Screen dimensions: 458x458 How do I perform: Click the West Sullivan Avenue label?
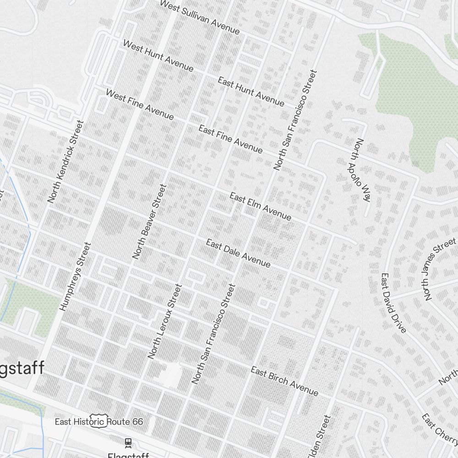[199, 17]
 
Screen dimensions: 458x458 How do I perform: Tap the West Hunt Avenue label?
[158, 55]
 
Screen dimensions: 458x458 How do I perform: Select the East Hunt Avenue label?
[251, 92]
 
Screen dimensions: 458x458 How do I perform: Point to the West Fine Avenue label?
[140, 105]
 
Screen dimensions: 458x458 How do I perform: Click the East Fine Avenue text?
[230, 139]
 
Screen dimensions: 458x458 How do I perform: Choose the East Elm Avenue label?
[260, 207]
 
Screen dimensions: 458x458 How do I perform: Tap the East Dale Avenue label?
[238, 253]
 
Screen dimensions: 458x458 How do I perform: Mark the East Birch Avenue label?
[284, 381]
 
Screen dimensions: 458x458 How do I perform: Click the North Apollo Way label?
[361, 170]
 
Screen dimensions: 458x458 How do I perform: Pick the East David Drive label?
[393, 303]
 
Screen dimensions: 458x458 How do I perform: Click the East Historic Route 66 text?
[98, 421]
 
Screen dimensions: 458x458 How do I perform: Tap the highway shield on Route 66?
[98, 421]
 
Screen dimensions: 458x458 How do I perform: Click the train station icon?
[128, 442]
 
